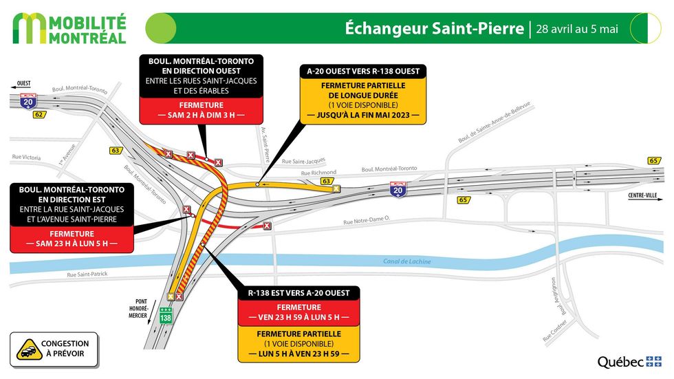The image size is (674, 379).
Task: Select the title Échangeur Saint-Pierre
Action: pos(433,28)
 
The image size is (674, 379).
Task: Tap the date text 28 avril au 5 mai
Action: pos(577,29)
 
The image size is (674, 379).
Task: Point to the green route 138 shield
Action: pos(165,317)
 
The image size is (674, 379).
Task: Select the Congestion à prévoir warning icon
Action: pos(28,349)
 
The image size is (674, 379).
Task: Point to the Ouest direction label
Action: pos(23,85)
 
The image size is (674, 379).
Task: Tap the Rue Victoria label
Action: pos(26,158)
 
